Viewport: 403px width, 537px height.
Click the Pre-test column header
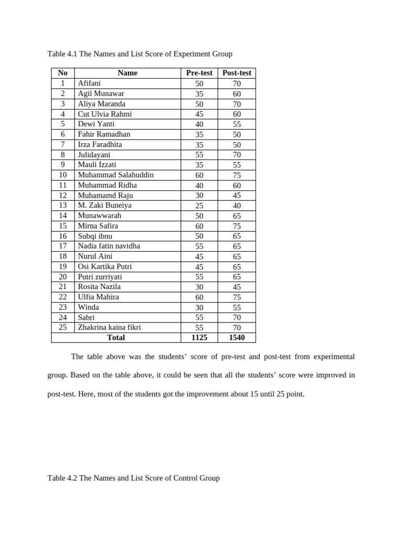[199, 73]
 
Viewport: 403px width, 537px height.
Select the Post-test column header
[237, 73]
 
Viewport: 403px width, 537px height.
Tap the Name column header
[128, 73]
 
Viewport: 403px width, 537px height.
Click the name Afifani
[89, 83]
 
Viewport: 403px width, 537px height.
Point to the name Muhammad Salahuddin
[115, 175]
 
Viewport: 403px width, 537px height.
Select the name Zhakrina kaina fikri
[109, 327]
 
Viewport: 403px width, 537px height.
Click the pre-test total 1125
[199, 338]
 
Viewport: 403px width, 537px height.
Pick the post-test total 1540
[237, 338]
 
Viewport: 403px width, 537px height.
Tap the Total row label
[116, 338]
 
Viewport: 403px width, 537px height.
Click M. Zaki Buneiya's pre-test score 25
[199, 206]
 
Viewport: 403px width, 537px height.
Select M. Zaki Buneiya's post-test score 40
[237, 206]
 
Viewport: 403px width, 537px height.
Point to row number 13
[63, 206]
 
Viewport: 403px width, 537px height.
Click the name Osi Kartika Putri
[104, 266]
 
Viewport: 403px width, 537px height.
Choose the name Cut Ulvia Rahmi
[104, 114]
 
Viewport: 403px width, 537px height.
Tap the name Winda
[88, 307]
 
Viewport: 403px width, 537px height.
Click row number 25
[63, 327]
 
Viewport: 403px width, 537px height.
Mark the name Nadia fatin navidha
[109, 246]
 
